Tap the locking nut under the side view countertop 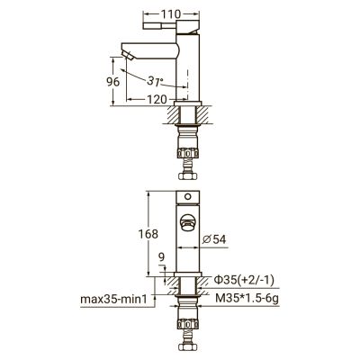point(189,127)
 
